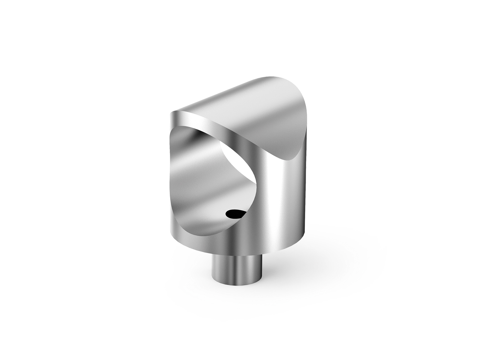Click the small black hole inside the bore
235,214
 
